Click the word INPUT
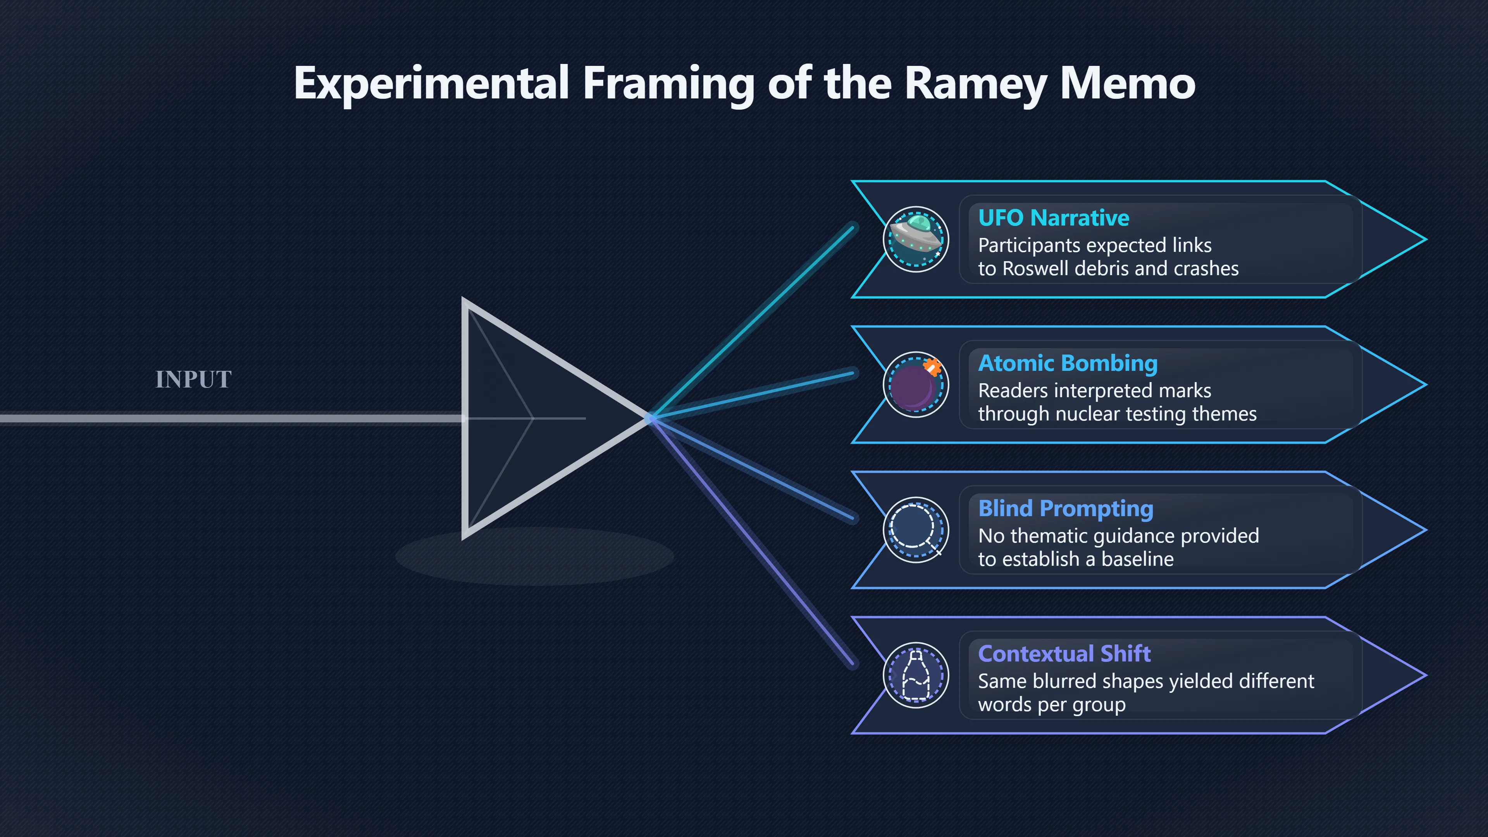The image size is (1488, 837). coord(193,379)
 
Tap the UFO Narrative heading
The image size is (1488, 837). coord(1054,218)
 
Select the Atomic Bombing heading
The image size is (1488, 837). coord(1068,363)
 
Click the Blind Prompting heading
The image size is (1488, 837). coord(1066,509)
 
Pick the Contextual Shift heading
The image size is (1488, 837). coord(1064,654)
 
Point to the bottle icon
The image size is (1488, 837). coord(916,675)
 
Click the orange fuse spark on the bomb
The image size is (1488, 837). coord(932,366)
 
